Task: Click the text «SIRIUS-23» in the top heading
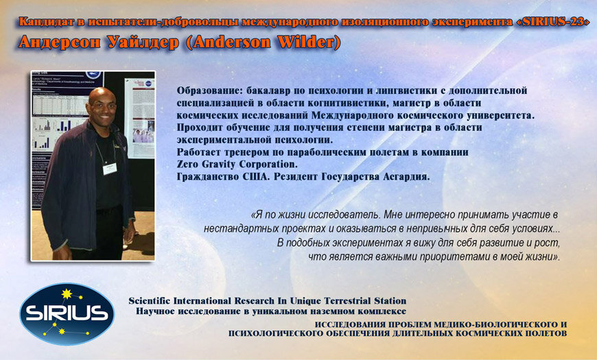pyautogui.click(x=551, y=22)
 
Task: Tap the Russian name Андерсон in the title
pyautogui.click(x=60, y=43)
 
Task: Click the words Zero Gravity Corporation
pyautogui.click(x=237, y=165)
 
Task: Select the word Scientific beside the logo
pyautogui.click(x=150, y=300)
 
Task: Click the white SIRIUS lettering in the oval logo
pyautogui.click(x=67, y=313)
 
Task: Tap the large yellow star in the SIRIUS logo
pyautogui.click(x=67, y=294)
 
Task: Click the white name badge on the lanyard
pyautogui.click(x=110, y=169)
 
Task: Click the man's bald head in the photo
pyautogui.click(x=102, y=97)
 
